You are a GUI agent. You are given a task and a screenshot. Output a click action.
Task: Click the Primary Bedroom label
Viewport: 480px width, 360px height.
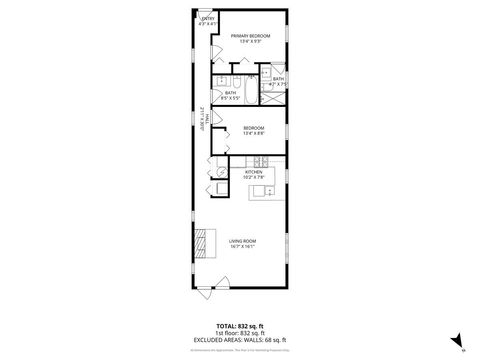click(x=251, y=36)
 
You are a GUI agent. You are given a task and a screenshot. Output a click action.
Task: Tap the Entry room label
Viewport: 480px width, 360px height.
click(x=208, y=18)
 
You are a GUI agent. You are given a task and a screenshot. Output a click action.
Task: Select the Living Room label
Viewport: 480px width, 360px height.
click(x=242, y=240)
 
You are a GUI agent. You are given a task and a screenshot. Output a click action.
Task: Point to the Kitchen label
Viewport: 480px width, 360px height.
click(x=254, y=171)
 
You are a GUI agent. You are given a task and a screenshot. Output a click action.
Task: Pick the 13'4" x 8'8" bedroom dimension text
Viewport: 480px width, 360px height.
click(x=253, y=132)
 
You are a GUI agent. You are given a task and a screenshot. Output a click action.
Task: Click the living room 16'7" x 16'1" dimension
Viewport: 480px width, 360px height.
click(x=242, y=246)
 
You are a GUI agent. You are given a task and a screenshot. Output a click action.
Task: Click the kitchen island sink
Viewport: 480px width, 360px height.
click(x=258, y=190)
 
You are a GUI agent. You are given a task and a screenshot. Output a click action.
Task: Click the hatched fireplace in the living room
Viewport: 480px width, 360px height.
click(x=203, y=242)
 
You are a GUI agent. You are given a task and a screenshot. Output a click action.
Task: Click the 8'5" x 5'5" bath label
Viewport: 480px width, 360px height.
click(x=230, y=96)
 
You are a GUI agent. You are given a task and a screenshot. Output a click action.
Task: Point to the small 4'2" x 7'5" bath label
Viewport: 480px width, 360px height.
click(x=278, y=81)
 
